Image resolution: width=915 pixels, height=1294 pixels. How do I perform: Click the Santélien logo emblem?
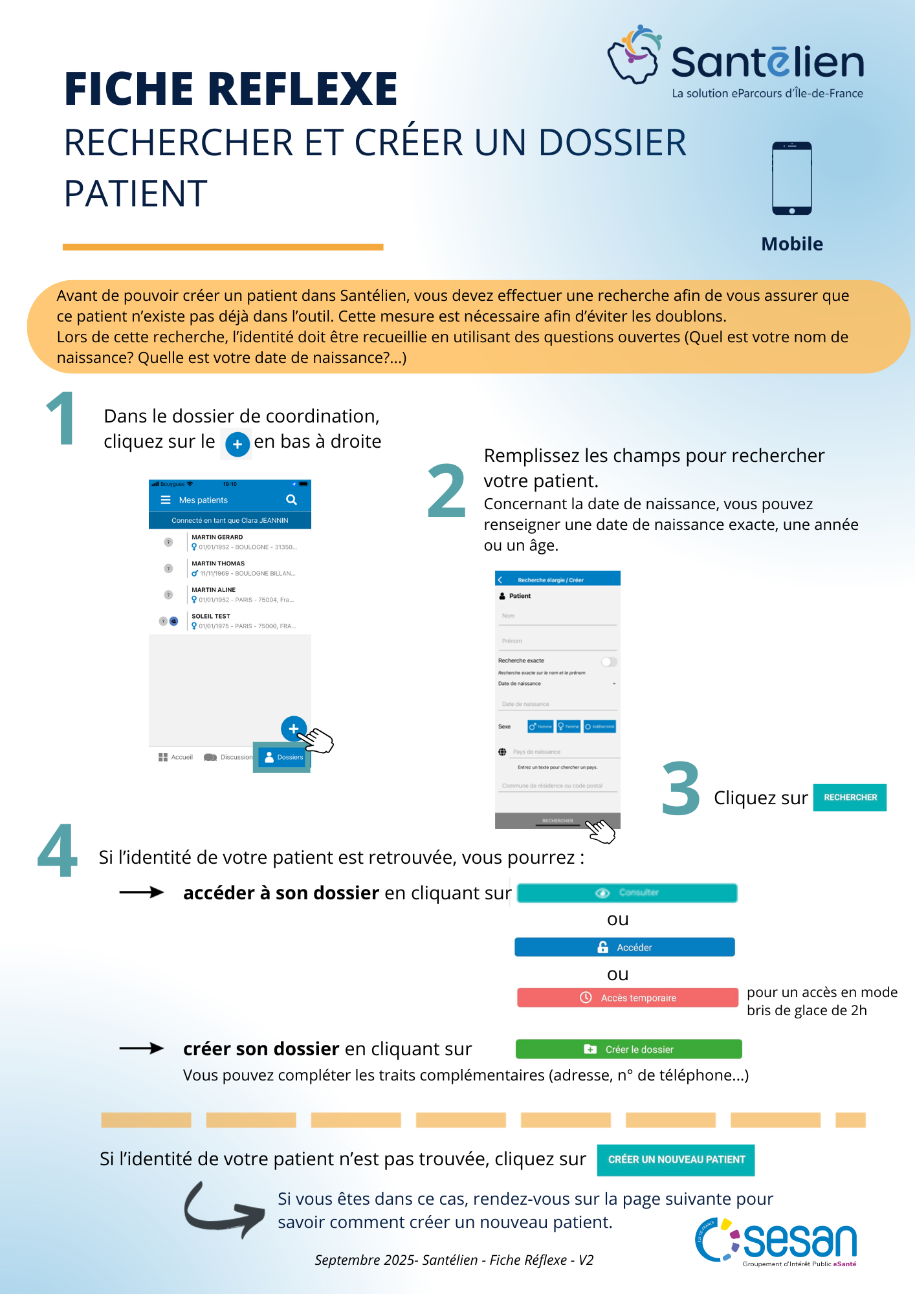634,55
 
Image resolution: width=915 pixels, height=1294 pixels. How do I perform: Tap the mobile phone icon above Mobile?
791,178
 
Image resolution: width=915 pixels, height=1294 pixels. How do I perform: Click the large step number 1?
61,419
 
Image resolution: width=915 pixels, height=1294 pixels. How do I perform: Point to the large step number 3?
681,789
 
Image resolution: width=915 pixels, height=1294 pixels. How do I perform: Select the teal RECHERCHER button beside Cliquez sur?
850,797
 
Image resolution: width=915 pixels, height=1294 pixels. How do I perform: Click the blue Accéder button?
624,947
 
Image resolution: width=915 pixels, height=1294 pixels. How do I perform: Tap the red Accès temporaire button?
627,998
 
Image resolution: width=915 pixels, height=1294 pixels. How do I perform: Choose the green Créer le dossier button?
628,1049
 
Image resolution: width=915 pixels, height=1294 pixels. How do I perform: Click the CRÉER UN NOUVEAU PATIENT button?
676,1159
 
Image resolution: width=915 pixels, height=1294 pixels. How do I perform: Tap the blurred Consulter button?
626,893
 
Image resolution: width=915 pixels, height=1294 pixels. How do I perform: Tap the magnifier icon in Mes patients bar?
291,500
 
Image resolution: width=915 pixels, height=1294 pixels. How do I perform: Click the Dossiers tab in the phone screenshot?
283,757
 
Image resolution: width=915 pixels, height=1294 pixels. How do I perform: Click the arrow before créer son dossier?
142,1048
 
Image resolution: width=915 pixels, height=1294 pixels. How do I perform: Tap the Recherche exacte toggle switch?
608,661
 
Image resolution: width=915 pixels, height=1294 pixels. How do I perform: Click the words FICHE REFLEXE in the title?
230,89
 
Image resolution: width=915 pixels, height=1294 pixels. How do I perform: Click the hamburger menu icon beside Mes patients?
166,500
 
